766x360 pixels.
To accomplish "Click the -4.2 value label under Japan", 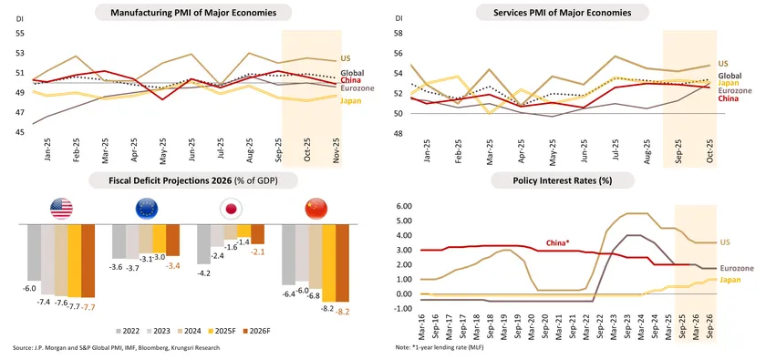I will pos(204,273).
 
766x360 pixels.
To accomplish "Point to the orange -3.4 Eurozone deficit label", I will pos(172,265).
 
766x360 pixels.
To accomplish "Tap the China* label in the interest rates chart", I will pos(557,242).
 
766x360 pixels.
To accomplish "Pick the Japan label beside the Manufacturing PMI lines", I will pos(351,101).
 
